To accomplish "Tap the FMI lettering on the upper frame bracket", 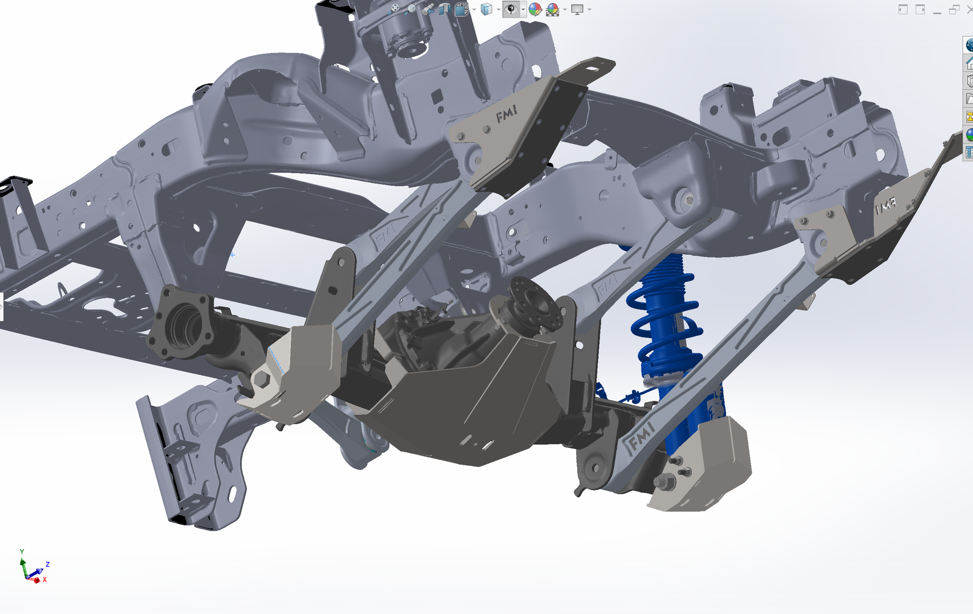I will pos(507,114).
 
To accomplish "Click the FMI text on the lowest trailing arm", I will pos(641,436).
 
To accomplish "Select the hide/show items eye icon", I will pos(511,9).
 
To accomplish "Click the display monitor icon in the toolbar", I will pos(577,9).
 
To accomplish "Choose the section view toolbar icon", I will pos(444,9).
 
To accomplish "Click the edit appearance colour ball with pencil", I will pos(535,9).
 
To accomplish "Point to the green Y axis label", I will pos(22,552).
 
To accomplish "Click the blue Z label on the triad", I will pos(48,564).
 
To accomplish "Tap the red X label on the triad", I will pos(45,579).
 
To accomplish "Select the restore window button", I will pos(954,9).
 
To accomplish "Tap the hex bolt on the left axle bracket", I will pos(261,379).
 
